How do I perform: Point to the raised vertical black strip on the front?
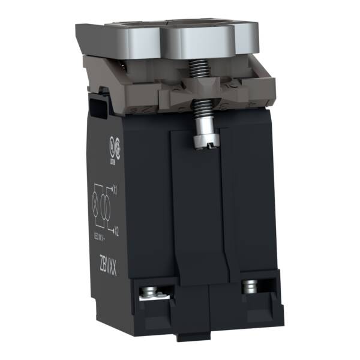coord(198,210)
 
